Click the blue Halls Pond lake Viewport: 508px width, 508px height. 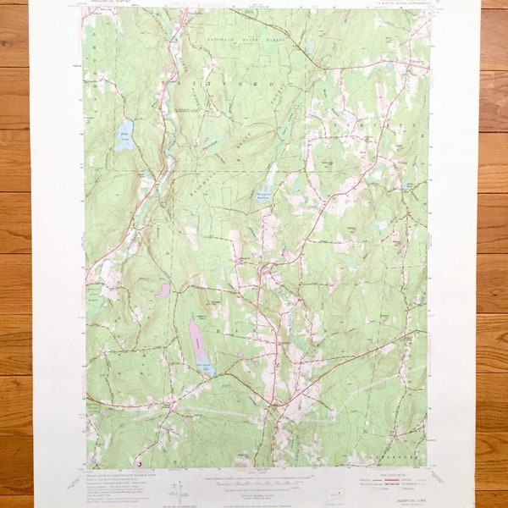click(124, 136)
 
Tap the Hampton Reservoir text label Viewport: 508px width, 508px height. click(264, 196)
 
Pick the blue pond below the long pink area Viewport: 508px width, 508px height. click(205, 367)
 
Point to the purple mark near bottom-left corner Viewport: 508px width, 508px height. click(138, 463)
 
